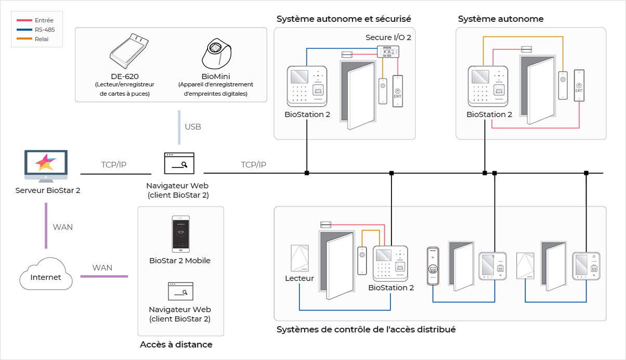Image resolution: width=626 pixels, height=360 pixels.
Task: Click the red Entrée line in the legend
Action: pyautogui.click(x=24, y=20)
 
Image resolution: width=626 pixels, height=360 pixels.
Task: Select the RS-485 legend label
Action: pyautogui.click(x=45, y=30)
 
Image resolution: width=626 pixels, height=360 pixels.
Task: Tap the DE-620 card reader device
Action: pyautogui.click(x=129, y=50)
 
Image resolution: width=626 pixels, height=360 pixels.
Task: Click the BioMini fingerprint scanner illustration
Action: pyautogui.click(x=217, y=54)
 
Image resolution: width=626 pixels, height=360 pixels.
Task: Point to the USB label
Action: pyautogui.click(x=193, y=127)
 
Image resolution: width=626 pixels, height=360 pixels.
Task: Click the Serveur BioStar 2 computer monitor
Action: pyautogui.click(x=46, y=166)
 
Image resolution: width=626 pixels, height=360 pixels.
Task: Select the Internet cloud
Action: pyautogui.click(x=46, y=274)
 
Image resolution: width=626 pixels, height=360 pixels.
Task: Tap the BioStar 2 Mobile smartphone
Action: pyautogui.click(x=180, y=234)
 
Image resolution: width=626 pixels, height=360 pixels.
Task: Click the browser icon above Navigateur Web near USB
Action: pyautogui.click(x=179, y=163)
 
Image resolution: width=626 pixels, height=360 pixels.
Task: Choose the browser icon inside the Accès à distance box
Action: pyautogui.click(x=180, y=291)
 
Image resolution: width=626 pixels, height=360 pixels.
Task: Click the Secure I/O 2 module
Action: pyautogui.click(x=388, y=52)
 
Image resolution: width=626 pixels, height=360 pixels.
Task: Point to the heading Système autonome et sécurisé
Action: pyautogui.click(x=344, y=19)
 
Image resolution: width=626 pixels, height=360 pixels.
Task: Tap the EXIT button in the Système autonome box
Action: pyautogui.click(x=579, y=85)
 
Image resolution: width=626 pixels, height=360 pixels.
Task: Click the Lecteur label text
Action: pyautogui.click(x=299, y=278)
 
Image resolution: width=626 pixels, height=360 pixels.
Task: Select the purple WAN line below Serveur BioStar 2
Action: pyautogui.click(x=46, y=225)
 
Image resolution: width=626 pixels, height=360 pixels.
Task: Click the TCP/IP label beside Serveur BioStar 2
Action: pyautogui.click(x=114, y=164)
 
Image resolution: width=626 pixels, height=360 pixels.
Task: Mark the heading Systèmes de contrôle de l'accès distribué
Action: pyautogui.click(x=366, y=329)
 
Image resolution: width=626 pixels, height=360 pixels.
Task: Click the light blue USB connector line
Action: pyautogui.click(x=179, y=127)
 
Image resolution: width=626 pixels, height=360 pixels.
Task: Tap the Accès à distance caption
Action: pyautogui.click(x=176, y=344)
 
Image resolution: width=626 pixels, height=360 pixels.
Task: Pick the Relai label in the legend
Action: pyautogui.click(x=42, y=39)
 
